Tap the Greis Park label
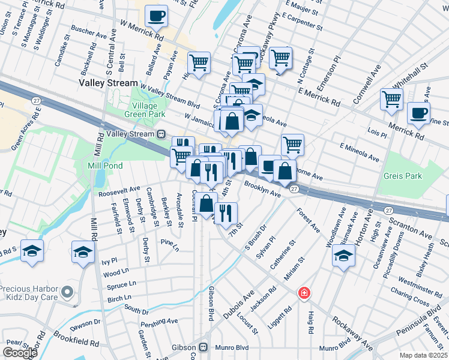click(405, 176)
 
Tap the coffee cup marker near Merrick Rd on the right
click(418, 113)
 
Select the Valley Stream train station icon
click(161, 134)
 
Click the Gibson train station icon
click(203, 347)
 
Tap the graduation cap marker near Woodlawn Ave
click(343, 255)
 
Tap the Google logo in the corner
click(20, 352)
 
